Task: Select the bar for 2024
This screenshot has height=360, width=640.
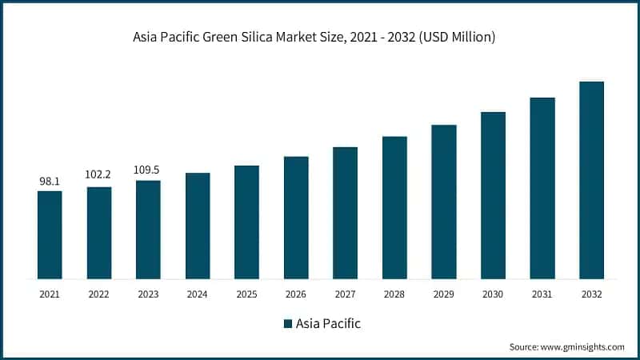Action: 198,226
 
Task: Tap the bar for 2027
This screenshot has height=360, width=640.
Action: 345,213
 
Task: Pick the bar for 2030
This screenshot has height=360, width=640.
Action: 493,195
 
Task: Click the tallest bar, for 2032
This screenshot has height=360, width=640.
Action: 591,180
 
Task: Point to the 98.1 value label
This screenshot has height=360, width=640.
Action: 50,182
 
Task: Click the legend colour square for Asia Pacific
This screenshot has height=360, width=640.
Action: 288,324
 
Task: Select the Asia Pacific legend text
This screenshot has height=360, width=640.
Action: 328,324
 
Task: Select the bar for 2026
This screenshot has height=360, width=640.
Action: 296,218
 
